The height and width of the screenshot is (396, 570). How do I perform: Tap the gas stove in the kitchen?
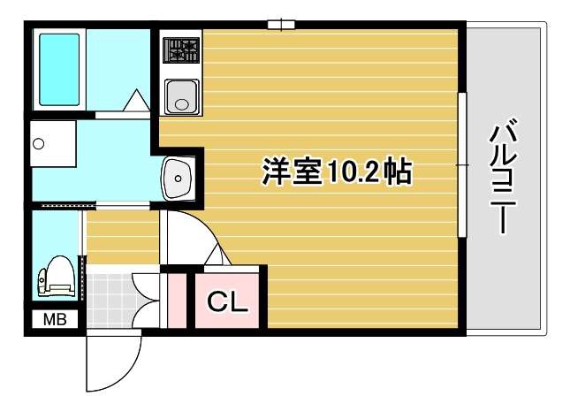[x=182, y=49]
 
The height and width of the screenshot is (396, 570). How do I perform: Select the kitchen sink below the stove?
[x=182, y=95]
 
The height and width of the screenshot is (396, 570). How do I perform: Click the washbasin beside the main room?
[x=179, y=179]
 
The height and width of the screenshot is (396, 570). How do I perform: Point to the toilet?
[x=56, y=276]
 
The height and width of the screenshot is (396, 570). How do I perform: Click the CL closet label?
[x=229, y=303]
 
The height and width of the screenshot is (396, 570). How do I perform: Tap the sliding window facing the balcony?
[x=460, y=164]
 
